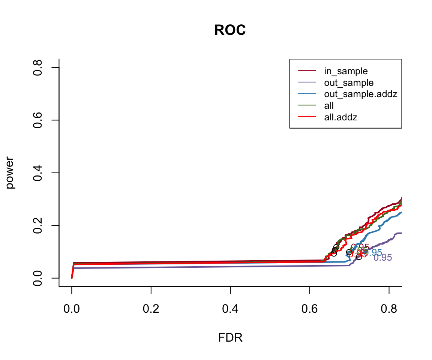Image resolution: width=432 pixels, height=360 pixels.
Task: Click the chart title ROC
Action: coord(230,30)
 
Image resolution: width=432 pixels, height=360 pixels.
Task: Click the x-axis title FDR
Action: coord(230,338)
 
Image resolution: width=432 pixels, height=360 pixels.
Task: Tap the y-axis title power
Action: coord(10,172)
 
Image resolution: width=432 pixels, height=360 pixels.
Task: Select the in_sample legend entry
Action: coord(346,71)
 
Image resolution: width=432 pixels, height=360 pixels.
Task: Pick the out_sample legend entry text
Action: coord(349,82)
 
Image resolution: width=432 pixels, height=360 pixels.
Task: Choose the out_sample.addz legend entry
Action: coord(360,94)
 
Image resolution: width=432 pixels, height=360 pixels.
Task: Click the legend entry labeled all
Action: coord(329,106)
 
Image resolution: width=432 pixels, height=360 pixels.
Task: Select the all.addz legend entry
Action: coord(340,117)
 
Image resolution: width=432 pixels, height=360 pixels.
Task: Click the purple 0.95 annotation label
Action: coord(383,258)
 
